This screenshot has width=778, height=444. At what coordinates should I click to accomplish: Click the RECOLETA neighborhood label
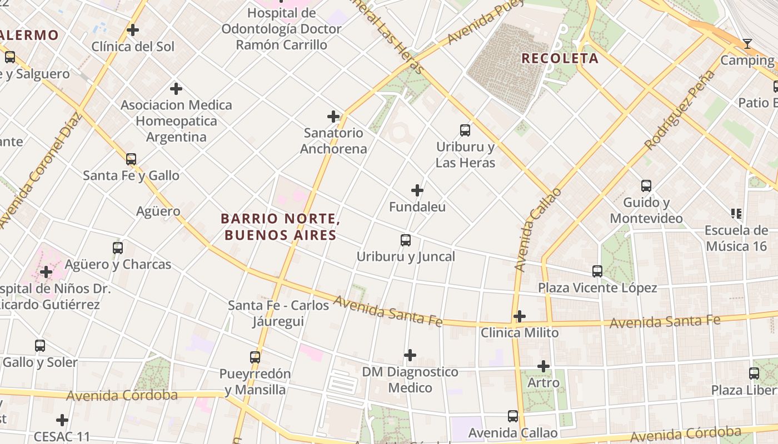click(x=560, y=58)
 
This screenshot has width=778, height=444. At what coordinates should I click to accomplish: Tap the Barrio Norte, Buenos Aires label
click(x=280, y=226)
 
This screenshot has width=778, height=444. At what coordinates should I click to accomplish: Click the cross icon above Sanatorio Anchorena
click(x=333, y=117)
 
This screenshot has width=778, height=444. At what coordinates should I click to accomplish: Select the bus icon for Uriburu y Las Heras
click(x=465, y=130)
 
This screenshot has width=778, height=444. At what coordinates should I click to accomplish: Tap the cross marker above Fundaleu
click(x=417, y=190)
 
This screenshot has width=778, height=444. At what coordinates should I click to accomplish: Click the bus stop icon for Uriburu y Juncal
click(x=406, y=240)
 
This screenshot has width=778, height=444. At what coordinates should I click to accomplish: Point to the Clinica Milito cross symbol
click(x=520, y=316)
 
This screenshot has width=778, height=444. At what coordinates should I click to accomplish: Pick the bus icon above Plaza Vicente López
click(x=597, y=271)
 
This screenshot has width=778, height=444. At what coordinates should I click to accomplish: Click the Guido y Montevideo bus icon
click(x=646, y=186)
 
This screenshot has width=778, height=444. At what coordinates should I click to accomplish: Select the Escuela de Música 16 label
click(x=736, y=238)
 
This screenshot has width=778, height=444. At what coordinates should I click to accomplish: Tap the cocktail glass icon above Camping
click(x=747, y=44)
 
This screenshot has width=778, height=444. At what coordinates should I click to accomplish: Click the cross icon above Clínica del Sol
click(x=133, y=30)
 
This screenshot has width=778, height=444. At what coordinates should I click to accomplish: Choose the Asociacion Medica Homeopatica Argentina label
click(x=176, y=121)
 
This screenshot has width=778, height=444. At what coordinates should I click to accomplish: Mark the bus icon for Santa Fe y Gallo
click(x=131, y=159)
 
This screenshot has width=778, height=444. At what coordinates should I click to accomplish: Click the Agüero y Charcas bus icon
click(x=118, y=248)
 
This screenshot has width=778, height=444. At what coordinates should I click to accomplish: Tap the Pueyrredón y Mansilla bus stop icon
click(x=255, y=357)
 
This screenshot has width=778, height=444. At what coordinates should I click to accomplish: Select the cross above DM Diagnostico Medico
click(x=410, y=355)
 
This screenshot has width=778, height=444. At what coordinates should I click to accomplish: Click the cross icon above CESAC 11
click(x=62, y=420)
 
